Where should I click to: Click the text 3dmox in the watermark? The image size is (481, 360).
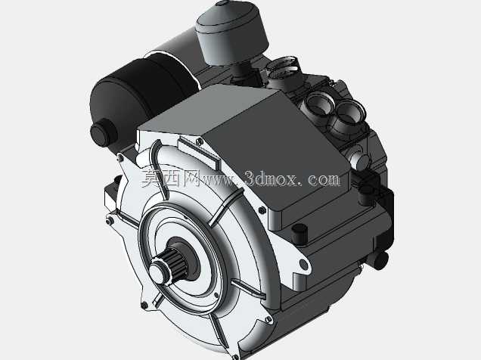pos(272,178)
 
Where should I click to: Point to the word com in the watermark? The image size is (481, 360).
pos(324,178)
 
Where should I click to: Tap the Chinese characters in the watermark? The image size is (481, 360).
pos(171,178)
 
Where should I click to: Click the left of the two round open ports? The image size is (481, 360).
pos(318,105)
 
